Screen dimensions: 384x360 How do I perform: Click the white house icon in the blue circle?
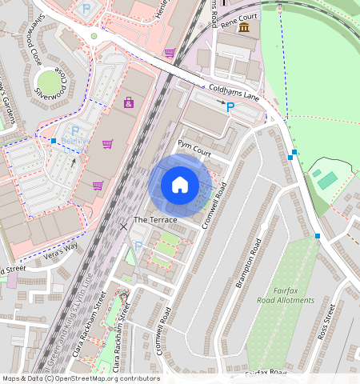click(180, 186)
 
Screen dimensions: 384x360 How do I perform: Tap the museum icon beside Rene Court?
click(243, 28)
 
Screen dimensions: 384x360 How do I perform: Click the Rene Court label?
click(239, 15)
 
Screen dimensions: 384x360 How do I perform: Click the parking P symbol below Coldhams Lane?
click(230, 106)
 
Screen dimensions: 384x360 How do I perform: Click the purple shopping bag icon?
click(129, 102)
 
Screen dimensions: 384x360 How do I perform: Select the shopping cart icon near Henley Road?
click(170, 53)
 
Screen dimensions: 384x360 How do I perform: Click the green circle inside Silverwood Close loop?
click(50, 82)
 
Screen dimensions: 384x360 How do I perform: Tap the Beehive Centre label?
click(75, 141)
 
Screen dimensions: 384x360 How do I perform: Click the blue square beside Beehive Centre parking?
click(53, 142)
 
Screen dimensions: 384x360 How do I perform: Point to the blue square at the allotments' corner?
click(318, 235)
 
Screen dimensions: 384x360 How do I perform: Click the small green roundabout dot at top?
click(94, 36)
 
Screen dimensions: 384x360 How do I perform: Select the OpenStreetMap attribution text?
click(81, 378)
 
